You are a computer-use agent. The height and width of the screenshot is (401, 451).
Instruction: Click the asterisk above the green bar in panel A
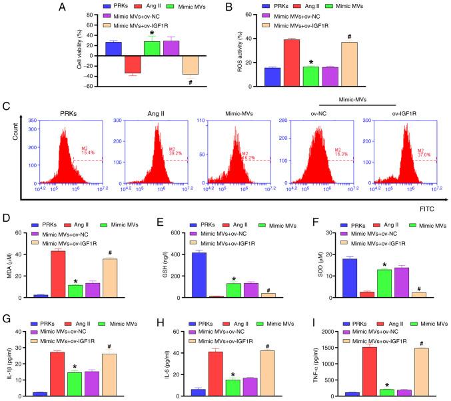pos(153,33)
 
